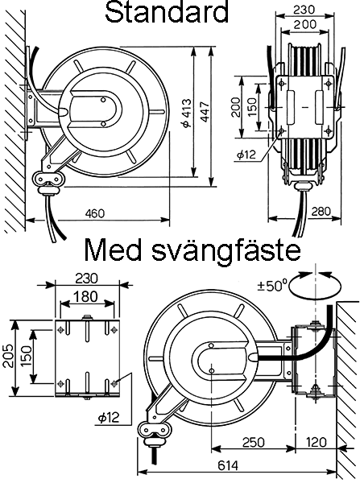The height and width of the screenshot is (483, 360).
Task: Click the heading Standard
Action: click(167, 12)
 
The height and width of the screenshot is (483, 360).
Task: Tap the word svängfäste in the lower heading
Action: click(226, 250)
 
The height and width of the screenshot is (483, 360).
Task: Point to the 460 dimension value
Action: click(95, 213)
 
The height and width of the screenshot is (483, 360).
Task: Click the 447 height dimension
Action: click(205, 111)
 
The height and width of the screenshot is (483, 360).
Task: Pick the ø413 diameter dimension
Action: click(187, 113)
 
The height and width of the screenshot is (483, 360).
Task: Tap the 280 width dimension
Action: click(321, 211)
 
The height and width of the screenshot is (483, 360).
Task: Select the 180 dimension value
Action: click(85, 296)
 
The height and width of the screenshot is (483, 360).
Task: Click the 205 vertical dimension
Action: click(8, 356)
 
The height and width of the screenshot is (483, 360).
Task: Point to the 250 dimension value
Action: click(254, 442)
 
